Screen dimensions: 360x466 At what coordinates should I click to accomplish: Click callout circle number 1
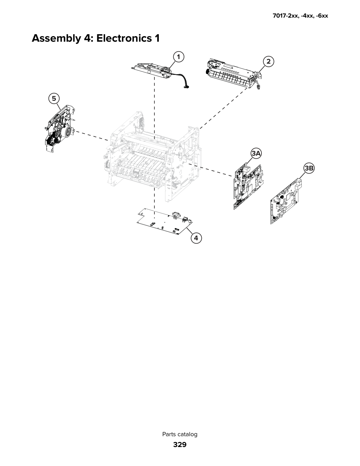pyautogui.click(x=178, y=57)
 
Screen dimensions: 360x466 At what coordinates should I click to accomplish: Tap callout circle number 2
pyautogui.click(x=269, y=62)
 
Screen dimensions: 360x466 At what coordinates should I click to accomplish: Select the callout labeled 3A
pyautogui.click(x=256, y=154)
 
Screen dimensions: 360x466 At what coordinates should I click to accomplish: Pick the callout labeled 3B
pyautogui.click(x=309, y=168)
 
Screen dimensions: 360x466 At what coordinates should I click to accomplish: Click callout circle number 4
pyautogui.click(x=196, y=238)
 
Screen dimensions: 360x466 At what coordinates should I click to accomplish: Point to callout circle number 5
pyautogui.click(x=54, y=99)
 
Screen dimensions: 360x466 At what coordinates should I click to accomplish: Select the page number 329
pyautogui.click(x=180, y=445)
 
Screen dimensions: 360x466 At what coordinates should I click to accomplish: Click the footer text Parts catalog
pyautogui.click(x=180, y=434)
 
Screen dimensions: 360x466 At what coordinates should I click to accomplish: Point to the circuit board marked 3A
pyautogui.click(x=248, y=187)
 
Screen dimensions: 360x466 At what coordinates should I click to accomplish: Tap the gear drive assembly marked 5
pyautogui.click(x=60, y=129)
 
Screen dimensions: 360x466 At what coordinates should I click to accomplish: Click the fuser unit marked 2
pyautogui.click(x=234, y=74)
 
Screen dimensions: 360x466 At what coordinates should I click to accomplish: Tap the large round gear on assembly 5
pyautogui.click(x=68, y=132)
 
